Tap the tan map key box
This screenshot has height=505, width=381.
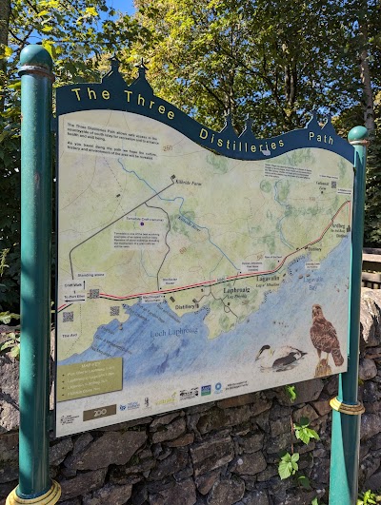pos(89,379)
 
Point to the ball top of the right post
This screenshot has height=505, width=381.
pos(357,134)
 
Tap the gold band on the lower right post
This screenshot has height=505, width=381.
pos(347,407)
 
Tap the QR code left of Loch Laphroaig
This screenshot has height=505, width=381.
pos(69,317)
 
